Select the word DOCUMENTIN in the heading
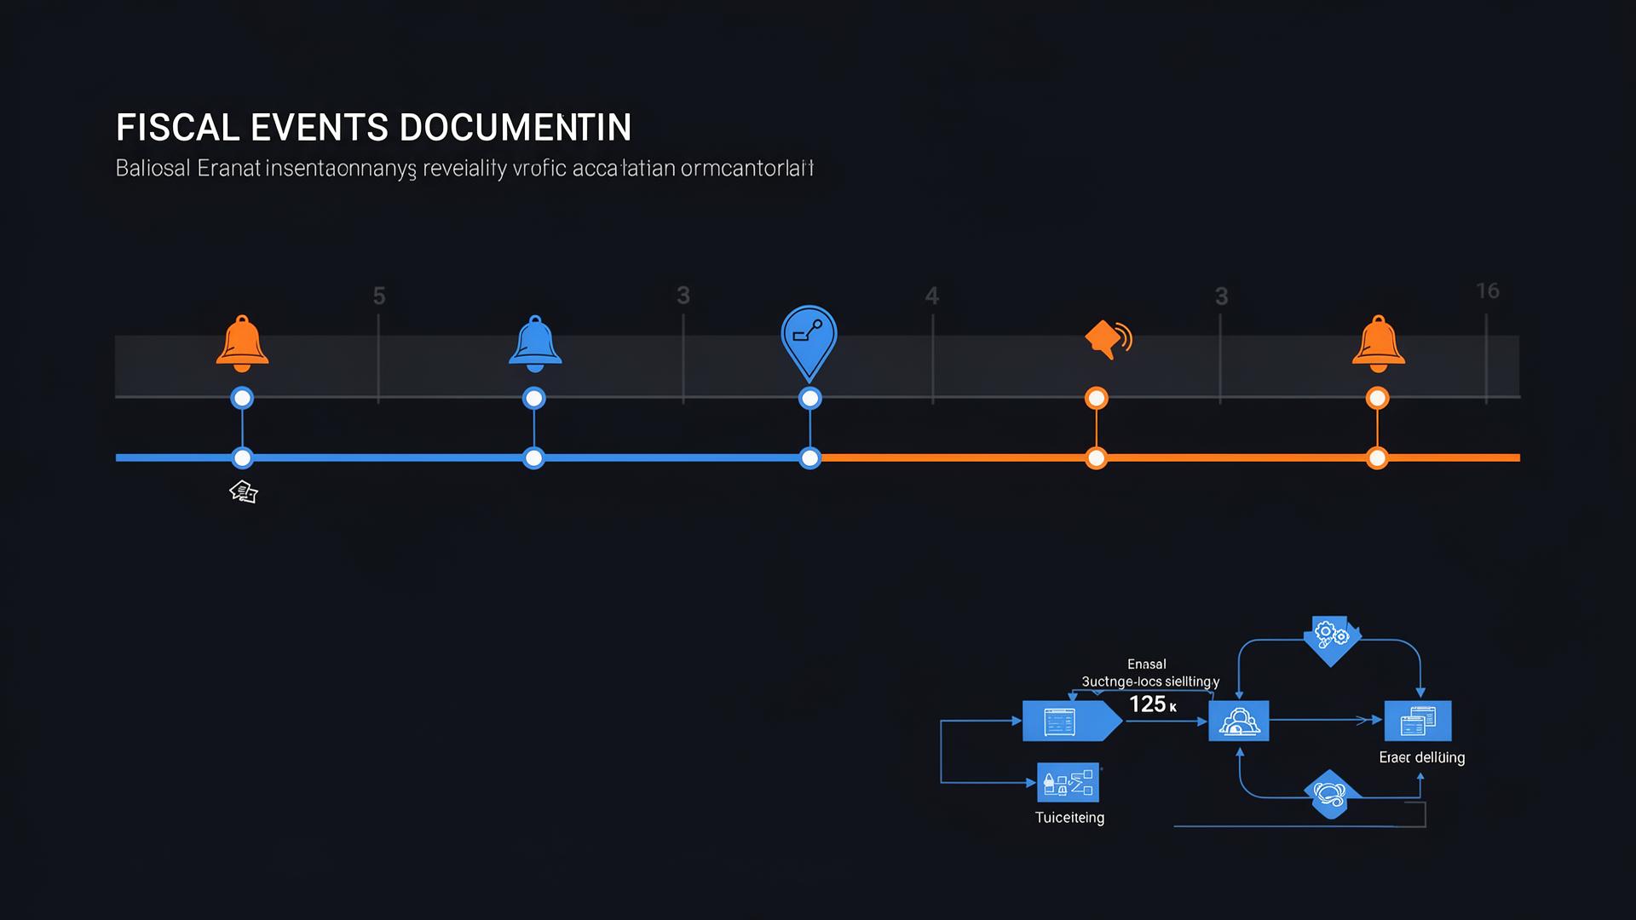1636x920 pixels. pos(515,128)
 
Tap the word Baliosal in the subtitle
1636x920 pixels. pos(153,168)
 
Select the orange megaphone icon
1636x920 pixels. pos(1107,339)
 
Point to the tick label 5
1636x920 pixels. pos(379,296)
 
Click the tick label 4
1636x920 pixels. pos(931,296)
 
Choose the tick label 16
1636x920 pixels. pos(1487,291)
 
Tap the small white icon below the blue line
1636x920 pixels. pos(244,492)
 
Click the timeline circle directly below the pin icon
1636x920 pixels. pos(809,398)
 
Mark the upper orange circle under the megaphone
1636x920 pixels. pos(1096,398)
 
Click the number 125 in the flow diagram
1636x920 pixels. pos(1147,704)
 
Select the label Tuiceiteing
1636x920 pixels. pos(1069,818)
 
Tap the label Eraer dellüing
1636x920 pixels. pos(1421,757)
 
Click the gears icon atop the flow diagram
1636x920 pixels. pos(1330,635)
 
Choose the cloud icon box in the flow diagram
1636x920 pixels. pos(1238,721)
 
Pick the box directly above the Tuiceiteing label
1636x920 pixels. pos(1068,782)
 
